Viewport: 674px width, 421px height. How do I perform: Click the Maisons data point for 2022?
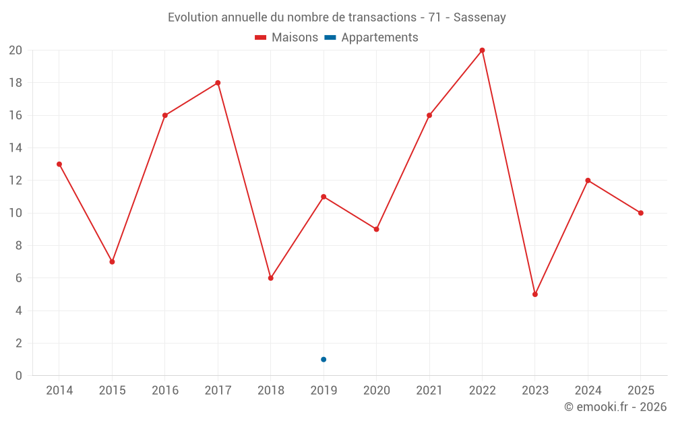coord(482,51)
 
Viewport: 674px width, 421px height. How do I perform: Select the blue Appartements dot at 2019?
coord(324,359)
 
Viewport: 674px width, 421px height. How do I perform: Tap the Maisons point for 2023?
coord(535,294)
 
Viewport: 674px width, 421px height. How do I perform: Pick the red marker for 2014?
coord(59,164)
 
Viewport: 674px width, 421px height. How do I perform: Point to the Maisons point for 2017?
coord(218,83)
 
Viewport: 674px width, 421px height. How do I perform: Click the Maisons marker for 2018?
coord(271,278)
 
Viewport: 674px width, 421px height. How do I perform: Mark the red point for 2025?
coord(641,213)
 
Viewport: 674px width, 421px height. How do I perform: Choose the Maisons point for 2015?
coord(112,261)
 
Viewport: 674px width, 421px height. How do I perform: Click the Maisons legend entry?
coord(286,38)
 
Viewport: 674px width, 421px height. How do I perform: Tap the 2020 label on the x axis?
coord(377,391)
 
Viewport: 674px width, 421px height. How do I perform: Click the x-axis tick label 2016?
coord(165,391)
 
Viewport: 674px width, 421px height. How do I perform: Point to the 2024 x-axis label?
coord(588,391)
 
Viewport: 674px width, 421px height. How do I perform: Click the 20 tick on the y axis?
coord(16,51)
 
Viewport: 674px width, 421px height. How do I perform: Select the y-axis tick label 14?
coord(16,148)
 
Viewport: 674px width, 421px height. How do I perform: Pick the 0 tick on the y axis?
coord(19,376)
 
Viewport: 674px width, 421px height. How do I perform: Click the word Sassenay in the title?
coord(479,18)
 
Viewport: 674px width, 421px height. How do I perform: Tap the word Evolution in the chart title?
coord(193,18)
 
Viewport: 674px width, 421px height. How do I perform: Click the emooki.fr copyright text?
coord(615,407)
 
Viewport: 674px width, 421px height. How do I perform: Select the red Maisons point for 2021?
coord(429,115)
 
